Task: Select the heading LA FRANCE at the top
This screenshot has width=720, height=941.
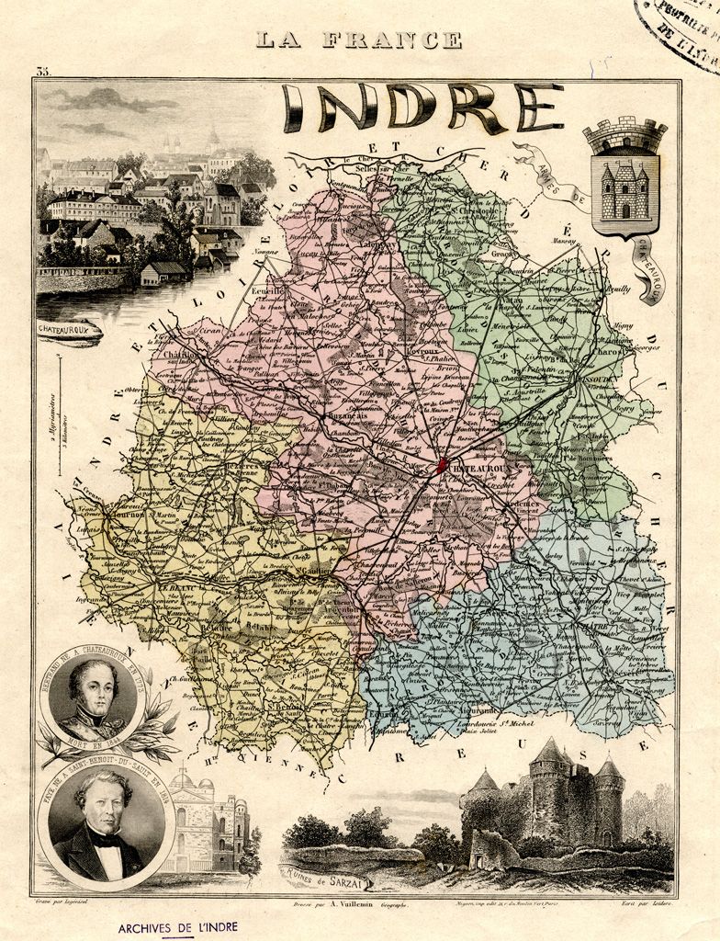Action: tap(359, 40)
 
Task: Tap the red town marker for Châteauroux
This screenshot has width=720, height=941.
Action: tap(443, 465)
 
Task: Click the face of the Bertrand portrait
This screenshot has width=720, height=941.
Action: tap(96, 689)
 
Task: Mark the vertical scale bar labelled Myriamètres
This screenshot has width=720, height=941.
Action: tap(60, 414)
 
